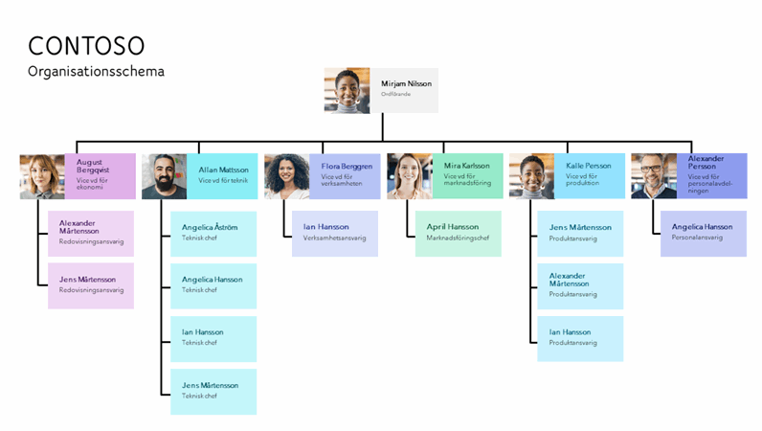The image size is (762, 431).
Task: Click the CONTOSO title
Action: (86, 45)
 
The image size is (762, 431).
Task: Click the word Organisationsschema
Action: (96, 72)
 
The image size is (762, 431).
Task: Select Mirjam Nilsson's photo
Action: (347, 91)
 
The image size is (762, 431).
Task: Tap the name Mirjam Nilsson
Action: (406, 84)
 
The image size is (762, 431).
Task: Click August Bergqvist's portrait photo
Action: (42, 176)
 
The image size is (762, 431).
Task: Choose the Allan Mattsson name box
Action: (222, 176)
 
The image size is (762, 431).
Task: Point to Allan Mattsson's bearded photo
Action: (164, 176)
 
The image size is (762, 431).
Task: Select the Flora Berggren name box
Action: (345, 176)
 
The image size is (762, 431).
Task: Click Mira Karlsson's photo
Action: (410, 176)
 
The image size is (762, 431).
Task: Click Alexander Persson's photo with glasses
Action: (654, 176)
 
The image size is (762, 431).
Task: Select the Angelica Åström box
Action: (213, 234)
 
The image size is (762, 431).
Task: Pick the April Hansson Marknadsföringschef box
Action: (458, 234)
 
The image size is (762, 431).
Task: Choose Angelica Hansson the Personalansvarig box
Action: (703, 234)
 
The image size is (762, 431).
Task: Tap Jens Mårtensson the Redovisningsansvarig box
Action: (91, 285)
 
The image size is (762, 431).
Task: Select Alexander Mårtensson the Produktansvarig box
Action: (580, 285)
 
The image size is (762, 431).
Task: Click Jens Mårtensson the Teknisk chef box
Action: (213, 391)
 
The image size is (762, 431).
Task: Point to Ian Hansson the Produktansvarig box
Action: (580, 338)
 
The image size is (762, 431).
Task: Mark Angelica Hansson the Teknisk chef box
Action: (213, 285)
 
